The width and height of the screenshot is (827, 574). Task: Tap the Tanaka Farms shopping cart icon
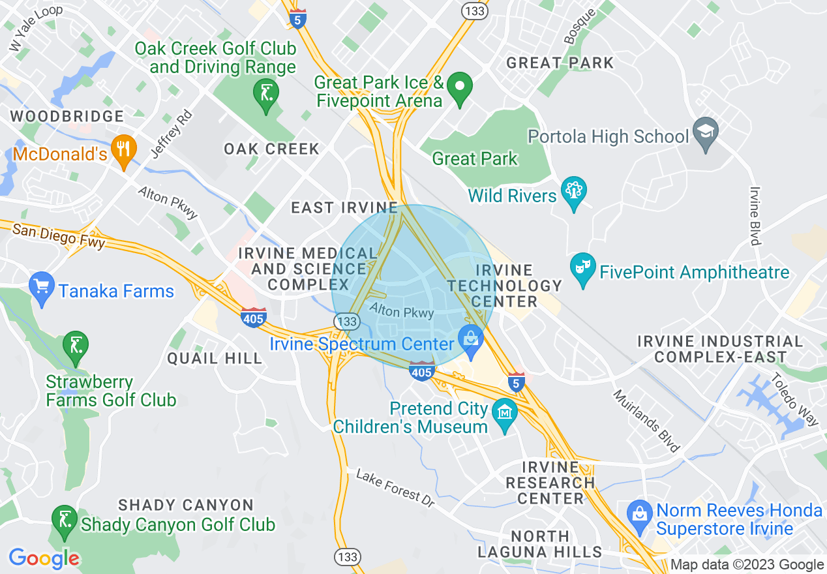coord(41,286)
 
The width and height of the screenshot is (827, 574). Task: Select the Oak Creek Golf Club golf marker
coord(265,94)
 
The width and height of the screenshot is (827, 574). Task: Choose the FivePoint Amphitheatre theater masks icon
coord(582,268)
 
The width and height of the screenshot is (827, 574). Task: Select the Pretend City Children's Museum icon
coord(505,414)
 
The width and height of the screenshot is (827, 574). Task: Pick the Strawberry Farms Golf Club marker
coord(76,345)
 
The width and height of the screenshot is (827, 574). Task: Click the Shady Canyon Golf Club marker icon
coord(63,519)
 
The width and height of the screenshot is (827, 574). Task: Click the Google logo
coord(44,558)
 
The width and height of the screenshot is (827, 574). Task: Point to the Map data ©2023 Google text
coord(747,565)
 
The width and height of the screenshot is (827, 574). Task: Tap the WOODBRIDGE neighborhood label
coord(67,117)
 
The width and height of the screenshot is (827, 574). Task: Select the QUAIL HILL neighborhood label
coord(215,358)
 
